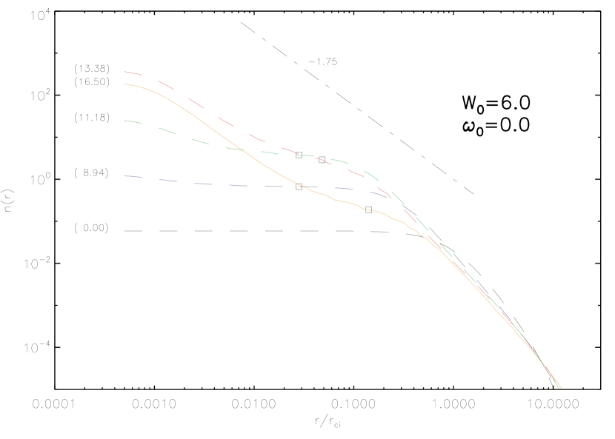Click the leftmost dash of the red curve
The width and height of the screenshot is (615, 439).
point(133,73)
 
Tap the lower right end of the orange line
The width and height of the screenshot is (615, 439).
point(562,388)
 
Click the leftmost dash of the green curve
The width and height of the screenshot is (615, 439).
point(133,122)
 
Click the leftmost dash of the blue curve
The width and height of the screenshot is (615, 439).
point(133,176)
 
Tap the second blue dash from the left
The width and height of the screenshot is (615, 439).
point(168,181)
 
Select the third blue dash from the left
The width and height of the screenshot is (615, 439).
point(203,184)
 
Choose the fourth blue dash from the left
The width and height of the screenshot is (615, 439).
point(238,185)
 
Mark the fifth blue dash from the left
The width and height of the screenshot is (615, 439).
point(273,187)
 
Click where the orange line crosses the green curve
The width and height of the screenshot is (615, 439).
point(241,150)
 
